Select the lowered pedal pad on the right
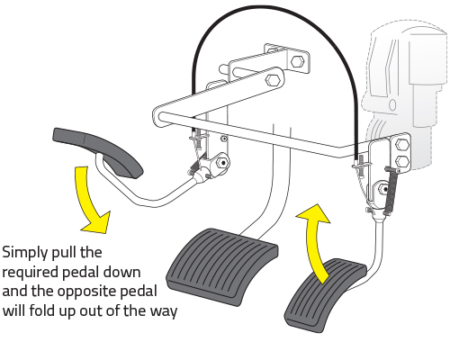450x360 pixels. [x=326, y=295]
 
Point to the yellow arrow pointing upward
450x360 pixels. [x=312, y=240]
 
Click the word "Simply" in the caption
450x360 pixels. [x=25, y=253]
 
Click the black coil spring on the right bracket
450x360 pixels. [x=391, y=191]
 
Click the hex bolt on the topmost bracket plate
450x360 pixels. [x=297, y=61]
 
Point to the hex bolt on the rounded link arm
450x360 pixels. [x=272, y=80]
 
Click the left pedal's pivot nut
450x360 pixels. [x=223, y=162]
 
